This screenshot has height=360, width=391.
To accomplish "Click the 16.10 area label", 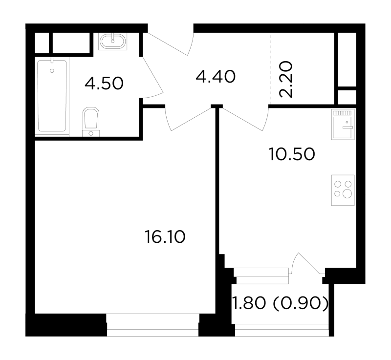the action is coord(165,237).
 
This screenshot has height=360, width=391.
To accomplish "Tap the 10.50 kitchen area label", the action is coord(292,154).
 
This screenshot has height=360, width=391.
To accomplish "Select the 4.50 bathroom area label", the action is coord(104,83).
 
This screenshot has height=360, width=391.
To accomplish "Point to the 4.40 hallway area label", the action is coord(216,77).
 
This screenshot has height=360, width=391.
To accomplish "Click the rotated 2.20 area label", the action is coord(286,79).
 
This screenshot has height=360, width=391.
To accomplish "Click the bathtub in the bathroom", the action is coord(52,96).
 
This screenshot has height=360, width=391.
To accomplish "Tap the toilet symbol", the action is coord(91,122).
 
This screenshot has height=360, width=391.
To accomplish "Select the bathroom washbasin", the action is coord(113,42).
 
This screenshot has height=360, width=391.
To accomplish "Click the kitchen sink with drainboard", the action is coord(343,124).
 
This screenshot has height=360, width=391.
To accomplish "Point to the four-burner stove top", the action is coord(343,190).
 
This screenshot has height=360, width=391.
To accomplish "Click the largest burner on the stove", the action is coord(347,193).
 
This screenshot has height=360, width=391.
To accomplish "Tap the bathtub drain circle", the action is coord(52,71).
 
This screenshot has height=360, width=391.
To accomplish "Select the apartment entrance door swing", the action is coord(170,43).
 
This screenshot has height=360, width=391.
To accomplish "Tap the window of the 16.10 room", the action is coord(153,325).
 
